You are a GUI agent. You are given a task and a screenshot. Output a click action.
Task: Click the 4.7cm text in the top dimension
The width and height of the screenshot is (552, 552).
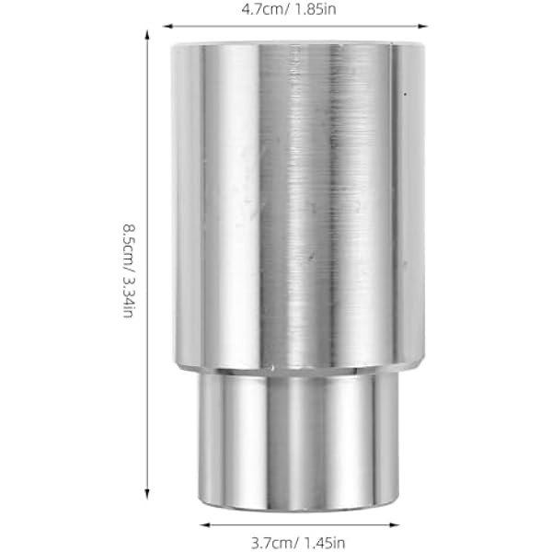262,9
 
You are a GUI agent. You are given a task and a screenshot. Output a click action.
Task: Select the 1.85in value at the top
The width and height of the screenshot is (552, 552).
315,9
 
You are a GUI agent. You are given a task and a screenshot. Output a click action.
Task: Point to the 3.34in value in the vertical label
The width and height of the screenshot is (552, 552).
129,296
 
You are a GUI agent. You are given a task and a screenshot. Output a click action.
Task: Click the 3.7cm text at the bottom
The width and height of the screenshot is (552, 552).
271,543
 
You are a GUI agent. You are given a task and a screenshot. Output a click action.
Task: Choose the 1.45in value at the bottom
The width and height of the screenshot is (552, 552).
324,543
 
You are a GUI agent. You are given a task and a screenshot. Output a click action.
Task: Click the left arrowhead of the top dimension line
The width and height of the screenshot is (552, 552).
168,26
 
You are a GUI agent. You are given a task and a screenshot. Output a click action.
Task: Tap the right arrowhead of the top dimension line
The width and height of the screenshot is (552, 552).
422,26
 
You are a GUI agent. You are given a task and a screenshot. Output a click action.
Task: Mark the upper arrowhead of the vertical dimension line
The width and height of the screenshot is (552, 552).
147,35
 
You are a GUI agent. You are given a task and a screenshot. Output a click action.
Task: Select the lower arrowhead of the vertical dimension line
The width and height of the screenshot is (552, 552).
147,494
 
